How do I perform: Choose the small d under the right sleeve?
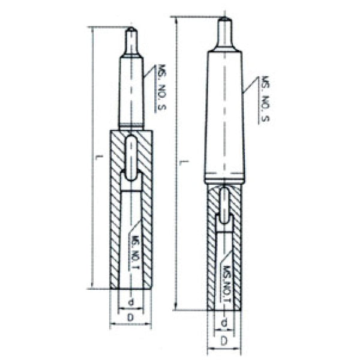tap(224, 324)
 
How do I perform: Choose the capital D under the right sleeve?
tap(224, 340)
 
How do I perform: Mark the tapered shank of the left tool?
tap(131, 90)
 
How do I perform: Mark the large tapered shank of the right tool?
tap(224, 114)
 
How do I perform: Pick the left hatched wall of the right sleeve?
tap(212, 252)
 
